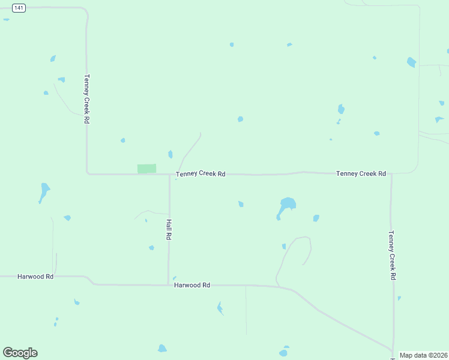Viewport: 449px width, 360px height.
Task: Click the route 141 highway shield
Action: tap(19, 8)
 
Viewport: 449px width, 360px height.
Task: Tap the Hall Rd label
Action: tap(169, 229)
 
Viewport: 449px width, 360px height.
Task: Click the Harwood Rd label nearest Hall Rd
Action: tap(192, 286)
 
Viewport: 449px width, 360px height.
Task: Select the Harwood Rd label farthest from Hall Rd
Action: tap(35, 277)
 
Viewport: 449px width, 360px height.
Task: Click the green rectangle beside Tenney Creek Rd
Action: tap(146, 169)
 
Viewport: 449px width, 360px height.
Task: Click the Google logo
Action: tap(20, 353)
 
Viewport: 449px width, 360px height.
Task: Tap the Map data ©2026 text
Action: tap(423, 355)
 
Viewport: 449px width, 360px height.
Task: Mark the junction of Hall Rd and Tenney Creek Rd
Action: tap(169, 175)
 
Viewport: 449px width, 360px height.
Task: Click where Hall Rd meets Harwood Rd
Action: tap(169, 284)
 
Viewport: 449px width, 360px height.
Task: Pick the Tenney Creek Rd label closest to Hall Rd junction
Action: tap(200, 174)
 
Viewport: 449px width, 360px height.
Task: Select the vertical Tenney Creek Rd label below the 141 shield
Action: tap(87, 99)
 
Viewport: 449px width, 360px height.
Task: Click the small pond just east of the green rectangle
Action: tap(170, 154)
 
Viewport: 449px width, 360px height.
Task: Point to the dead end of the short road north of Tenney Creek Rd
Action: tap(200, 133)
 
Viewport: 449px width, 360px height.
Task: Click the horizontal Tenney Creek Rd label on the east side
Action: tap(361, 173)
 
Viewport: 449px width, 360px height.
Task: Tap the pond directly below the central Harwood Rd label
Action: tap(220, 308)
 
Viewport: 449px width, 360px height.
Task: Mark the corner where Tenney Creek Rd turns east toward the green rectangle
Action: tap(88, 173)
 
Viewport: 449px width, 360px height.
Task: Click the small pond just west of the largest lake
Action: tap(241, 204)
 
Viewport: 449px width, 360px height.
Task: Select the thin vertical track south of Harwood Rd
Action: tap(246, 310)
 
